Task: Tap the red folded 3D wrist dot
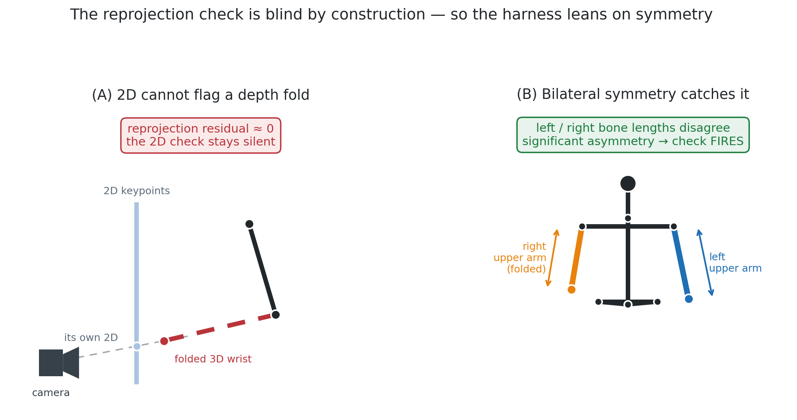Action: click(x=164, y=341)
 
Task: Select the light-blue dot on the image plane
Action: click(x=137, y=346)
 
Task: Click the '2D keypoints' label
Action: click(x=137, y=191)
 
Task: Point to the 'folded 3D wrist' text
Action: click(x=213, y=359)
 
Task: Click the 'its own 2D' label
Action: click(x=91, y=338)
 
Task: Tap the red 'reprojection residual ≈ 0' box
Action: click(x=200, y=135)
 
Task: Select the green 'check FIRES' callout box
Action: click(x=633, y=135)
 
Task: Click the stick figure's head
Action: click(x=628, y=184)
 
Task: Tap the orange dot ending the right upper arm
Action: click(x=571, y=289)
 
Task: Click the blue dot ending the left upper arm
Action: click(x=689, y=299)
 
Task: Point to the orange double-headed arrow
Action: click(x=553, y=258)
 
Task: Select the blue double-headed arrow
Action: click(x=705, y=262)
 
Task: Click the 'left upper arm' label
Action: click(x=735, y=263)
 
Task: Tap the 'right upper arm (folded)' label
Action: click(x=520, y=258)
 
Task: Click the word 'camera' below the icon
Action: click(x=51, y=393)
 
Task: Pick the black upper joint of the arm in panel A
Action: click(x=249, y=224)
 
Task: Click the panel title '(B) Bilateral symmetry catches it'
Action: click(x=633, y=94)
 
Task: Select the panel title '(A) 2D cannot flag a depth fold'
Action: click(x=200, y=95)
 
